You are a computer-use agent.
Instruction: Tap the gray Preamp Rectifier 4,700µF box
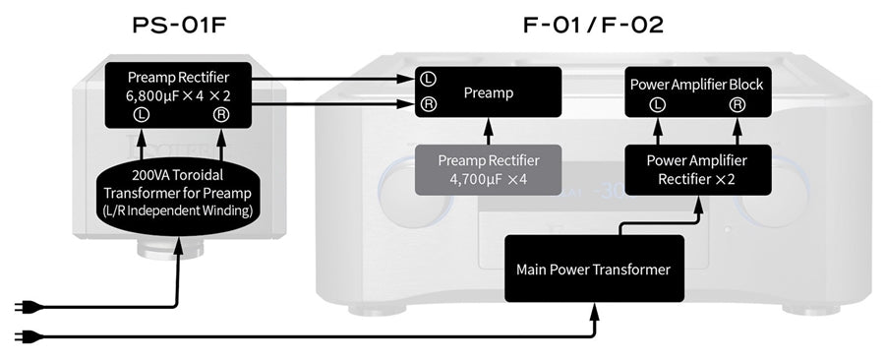pyautogui.click(x=489, y=169)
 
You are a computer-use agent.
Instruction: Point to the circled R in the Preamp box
pyautogui.click(x=429, y=103)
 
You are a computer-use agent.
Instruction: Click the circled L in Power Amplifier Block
pyautogui.click(x=658, y=103)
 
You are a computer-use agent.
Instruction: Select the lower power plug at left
pyautogui.click(x=22, y=336)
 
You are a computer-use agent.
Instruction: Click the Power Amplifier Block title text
pyautogui.click(x=696, y=85)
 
